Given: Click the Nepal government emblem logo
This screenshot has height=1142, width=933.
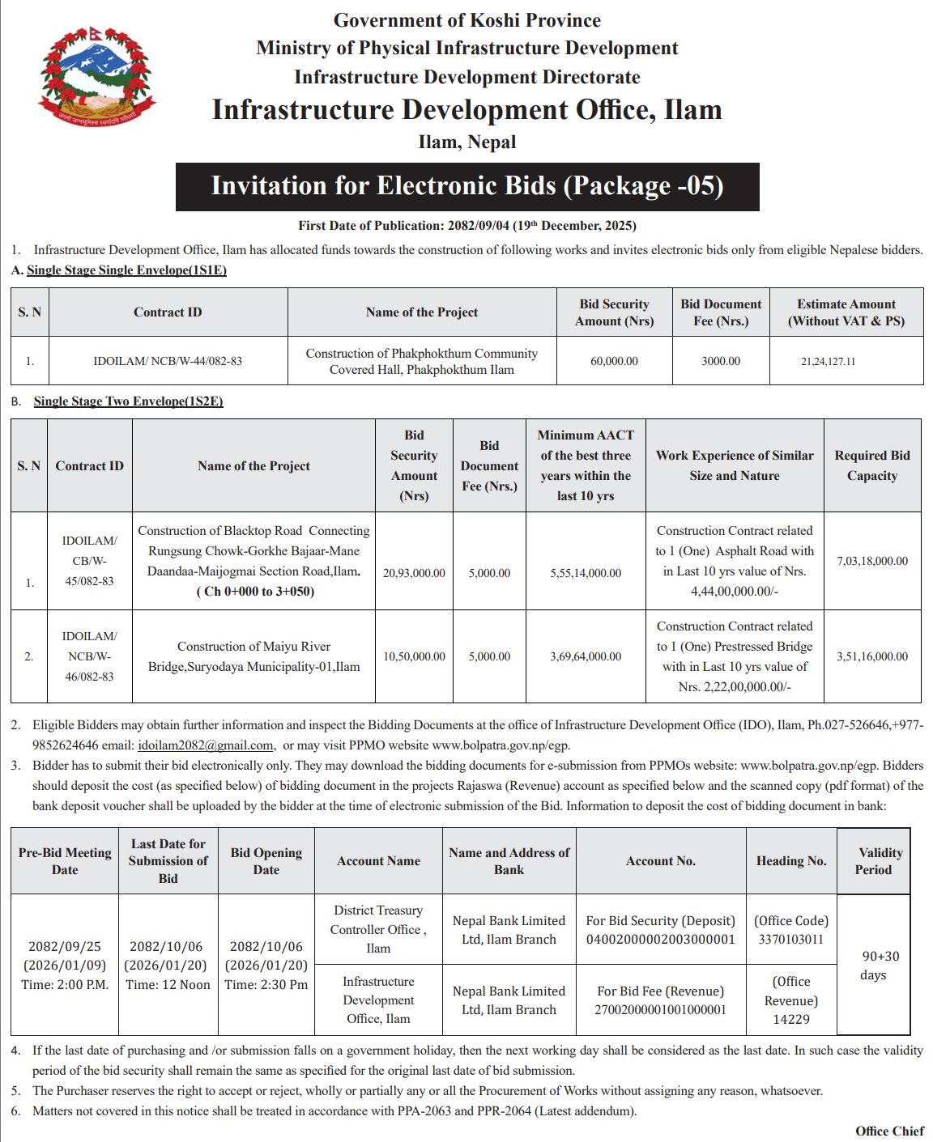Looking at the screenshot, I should pyautogui.click(x=96, y=77).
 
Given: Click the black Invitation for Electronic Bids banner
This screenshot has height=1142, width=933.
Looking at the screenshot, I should pyautogui.click(x=467, y=186).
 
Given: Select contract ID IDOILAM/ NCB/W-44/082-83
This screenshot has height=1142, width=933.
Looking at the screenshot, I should pyautogui.click(x=168, y=361).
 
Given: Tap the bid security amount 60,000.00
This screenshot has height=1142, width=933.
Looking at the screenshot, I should pyautogui.click(x=614, y=361).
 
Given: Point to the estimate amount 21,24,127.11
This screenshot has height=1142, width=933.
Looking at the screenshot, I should pyautogui.click(x=828, y=362).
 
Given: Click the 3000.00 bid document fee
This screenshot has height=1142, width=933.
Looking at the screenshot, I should pyautogui.click(x=721, y=361).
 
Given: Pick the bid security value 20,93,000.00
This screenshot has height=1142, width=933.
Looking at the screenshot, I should pyautogui.click(x=414, y=573).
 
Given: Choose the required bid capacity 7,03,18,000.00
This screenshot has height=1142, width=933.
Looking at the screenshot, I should pyautogui.click(x=872, y=561).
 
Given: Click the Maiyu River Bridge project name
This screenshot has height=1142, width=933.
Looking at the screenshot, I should pyautogui.click(x=253, y=656).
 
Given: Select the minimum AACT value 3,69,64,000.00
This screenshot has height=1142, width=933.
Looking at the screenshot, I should pyautogui.click(x=586, y=656).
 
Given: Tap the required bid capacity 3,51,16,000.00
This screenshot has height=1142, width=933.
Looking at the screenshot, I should pyautogui.click(x=872, y=656).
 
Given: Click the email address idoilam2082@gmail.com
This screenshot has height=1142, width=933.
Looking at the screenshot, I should pyautogui.click(x=205, y=745).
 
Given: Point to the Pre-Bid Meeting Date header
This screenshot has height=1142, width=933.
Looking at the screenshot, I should pyautogui.click(x=65, y=861).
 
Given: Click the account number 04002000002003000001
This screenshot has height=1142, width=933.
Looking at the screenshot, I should pyautogui.click(x=661, y=940).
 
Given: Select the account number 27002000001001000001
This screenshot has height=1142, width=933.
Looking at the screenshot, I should pyautogui.click(x=661, y=1010).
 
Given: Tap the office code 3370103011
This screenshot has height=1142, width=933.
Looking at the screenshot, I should pyautogui.click(x=790, y=940).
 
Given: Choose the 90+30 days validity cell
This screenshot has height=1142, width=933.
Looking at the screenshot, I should pyautogui.click(x=873, y=966).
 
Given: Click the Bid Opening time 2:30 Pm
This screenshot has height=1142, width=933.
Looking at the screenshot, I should pyautogui.click(x=266, y=985).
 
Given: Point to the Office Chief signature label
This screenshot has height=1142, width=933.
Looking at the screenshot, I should pyautogui.click(x=889, y=1131).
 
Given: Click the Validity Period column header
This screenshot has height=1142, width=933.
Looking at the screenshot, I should pyautogui.click(x=873, y=861).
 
